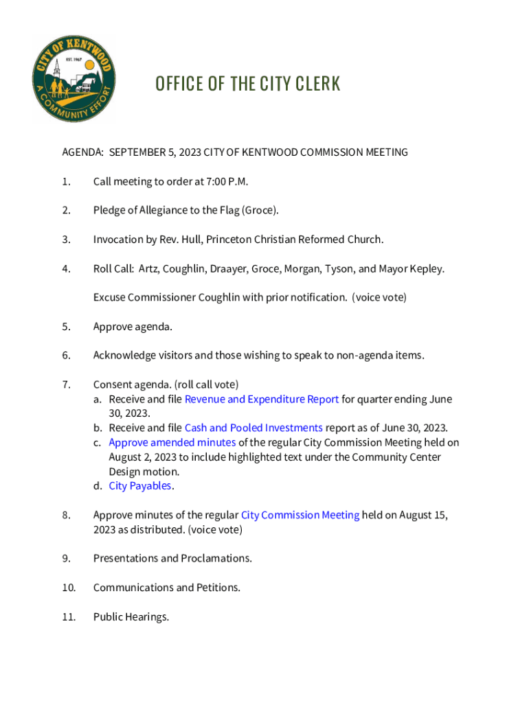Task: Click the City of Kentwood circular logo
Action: (x=73, y=77)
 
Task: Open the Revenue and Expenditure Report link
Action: (x=262, y=400)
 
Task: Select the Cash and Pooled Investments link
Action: (x=254, y=428)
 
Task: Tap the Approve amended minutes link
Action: (x=172, y=443)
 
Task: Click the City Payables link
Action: (x=140, y=486)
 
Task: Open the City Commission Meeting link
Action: (x=300, y=515)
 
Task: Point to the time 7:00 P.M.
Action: (x=223, y=182)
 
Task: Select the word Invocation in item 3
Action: (x=119, y=240)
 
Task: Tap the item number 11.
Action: (x=67, y=616)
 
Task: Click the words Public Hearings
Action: (x=131, y=616)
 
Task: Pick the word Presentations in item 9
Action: (x=125, y=558)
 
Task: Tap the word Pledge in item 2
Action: (x=109, y=211)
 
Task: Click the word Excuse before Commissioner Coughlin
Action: (x=109, y=297)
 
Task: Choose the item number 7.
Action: (x=65, y=384)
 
